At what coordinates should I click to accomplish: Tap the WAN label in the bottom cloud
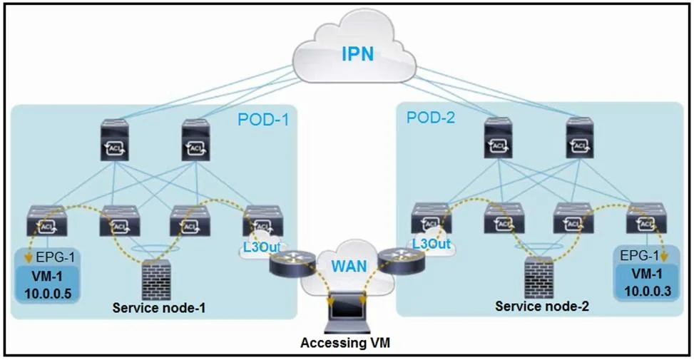tap(349, 266)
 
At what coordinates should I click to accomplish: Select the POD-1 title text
tap(263, 120)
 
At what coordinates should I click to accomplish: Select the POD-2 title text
tap(431, 118)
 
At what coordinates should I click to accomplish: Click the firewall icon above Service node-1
tap(156, 279)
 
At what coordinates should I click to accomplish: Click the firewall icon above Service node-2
tap(539, 277)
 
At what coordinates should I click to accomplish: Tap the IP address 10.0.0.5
tap(48, 293)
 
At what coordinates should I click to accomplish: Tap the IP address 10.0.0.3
tap(648, 291)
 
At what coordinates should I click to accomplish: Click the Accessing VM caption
tap(345, 343)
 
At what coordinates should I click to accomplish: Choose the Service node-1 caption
tap(159, 308)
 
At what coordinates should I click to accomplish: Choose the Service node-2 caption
tap(542, 306)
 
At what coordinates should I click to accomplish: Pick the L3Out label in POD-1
tap(261, 247)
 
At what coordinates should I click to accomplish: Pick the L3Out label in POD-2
tap(431, 243)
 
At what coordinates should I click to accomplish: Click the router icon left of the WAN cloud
tap(292, 263)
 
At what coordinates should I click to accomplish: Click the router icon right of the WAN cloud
tap(402, 262)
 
